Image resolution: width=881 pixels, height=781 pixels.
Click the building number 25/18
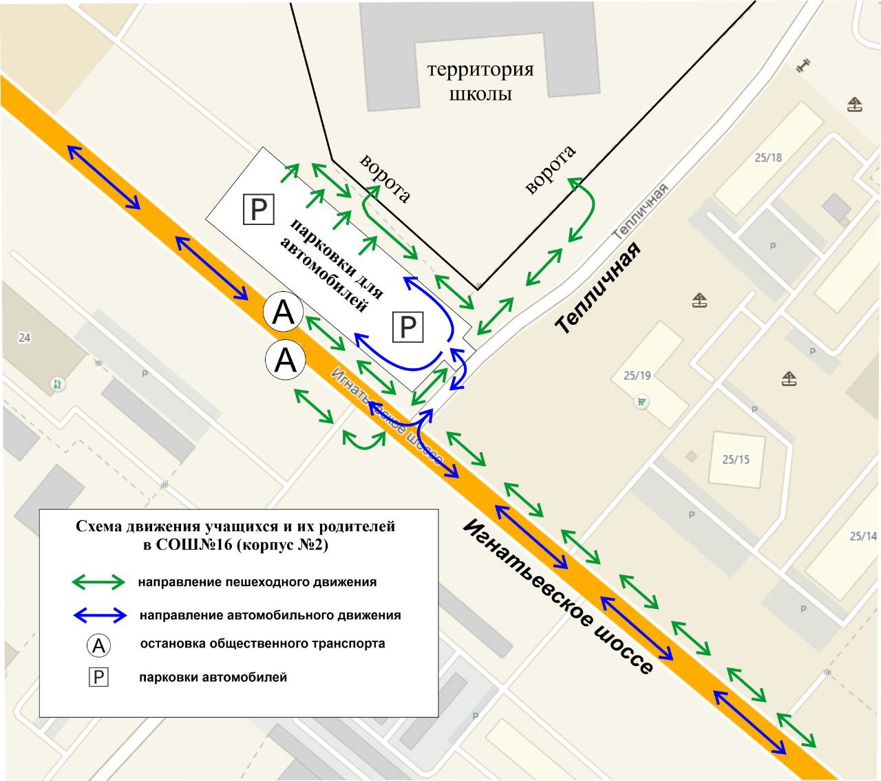click(768, 158)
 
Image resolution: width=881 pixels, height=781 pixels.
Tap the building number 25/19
click(637, 376)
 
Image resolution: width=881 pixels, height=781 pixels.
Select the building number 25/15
click(736, 459)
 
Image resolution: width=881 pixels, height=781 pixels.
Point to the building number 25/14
click(863, 536)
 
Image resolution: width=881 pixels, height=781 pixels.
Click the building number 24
click(25, 338)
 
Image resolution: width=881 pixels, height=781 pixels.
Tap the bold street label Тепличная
click(599, 288)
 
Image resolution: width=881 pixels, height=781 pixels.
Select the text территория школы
click(480, 81)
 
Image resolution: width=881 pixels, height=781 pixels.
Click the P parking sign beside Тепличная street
click(408, 327)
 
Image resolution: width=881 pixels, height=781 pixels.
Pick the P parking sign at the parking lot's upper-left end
click(259, 209)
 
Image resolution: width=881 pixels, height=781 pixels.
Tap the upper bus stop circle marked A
click(284, 313)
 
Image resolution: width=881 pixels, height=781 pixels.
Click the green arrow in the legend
click(98, 582)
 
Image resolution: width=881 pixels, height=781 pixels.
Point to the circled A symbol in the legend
click(99, 645)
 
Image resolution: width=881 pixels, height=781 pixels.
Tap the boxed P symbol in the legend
click(99, 678)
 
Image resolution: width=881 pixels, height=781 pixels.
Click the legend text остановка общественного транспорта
click(262, 644)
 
